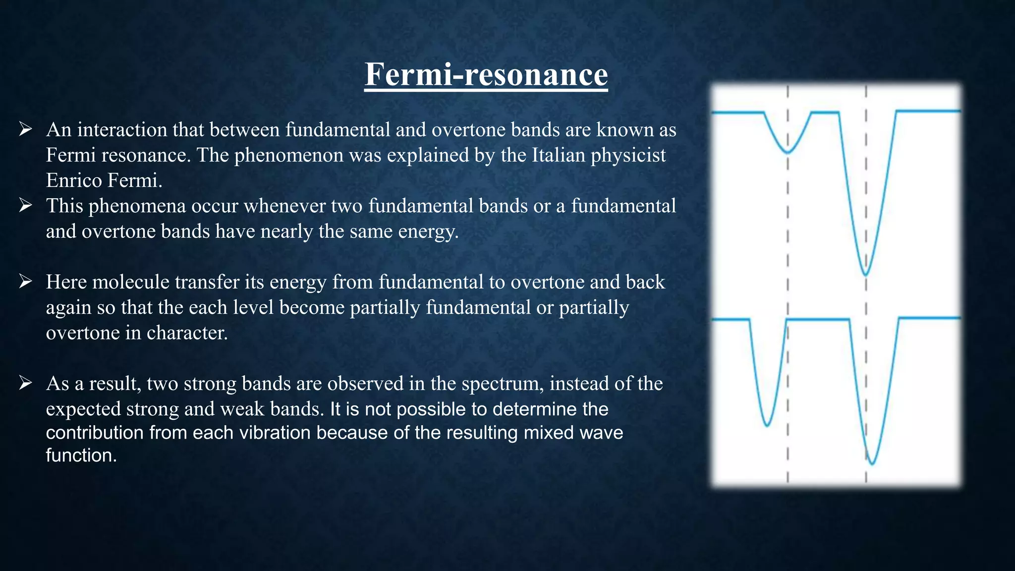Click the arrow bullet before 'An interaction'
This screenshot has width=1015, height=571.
point(26,130)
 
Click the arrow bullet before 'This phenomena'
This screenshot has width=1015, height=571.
point(26,206)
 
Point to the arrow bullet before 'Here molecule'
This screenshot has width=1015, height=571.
point(26,282)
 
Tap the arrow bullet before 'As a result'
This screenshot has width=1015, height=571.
point(26,383)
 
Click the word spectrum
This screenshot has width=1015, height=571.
point(501,384)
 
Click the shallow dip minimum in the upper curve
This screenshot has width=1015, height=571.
point(788,152)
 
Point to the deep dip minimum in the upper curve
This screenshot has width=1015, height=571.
point(865,274)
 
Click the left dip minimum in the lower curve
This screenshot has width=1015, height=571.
point(767,425)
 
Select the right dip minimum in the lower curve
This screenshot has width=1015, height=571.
point(872,463)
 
